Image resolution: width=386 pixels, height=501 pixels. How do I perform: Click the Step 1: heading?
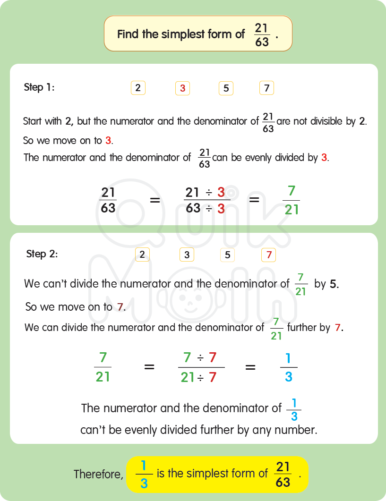39,87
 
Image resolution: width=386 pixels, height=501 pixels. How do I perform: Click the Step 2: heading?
42,254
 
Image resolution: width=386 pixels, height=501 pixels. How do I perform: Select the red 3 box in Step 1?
182,88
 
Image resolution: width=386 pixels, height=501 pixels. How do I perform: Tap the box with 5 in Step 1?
226,88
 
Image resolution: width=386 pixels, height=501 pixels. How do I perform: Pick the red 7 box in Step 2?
269,255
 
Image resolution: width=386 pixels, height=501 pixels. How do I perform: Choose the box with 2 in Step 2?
142,255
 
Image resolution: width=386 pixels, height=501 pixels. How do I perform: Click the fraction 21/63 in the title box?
262,35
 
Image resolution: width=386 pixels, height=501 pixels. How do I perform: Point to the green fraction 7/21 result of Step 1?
292,200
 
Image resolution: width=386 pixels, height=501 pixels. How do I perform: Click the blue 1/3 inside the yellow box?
144,474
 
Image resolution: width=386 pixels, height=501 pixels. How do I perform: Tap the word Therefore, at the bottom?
98,474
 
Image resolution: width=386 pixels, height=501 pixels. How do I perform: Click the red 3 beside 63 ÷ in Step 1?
221,209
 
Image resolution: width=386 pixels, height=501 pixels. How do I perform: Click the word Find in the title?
127,34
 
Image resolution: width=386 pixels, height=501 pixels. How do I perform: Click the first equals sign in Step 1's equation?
155,200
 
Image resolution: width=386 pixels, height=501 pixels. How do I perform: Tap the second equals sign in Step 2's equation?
250,367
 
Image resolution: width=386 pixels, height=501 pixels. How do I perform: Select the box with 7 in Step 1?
266,88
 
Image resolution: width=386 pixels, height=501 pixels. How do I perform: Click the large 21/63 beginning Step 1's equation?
108,200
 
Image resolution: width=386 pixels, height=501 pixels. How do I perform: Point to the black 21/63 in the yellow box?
283,474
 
